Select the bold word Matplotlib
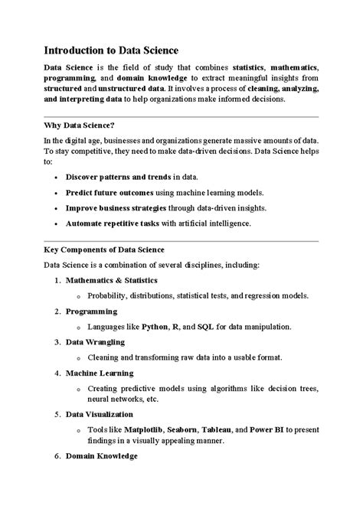[x=152, y=429]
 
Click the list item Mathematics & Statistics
[x=112, y=280]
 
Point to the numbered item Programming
[x=91, y=311]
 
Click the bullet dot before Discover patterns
[x=57, y=178]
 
